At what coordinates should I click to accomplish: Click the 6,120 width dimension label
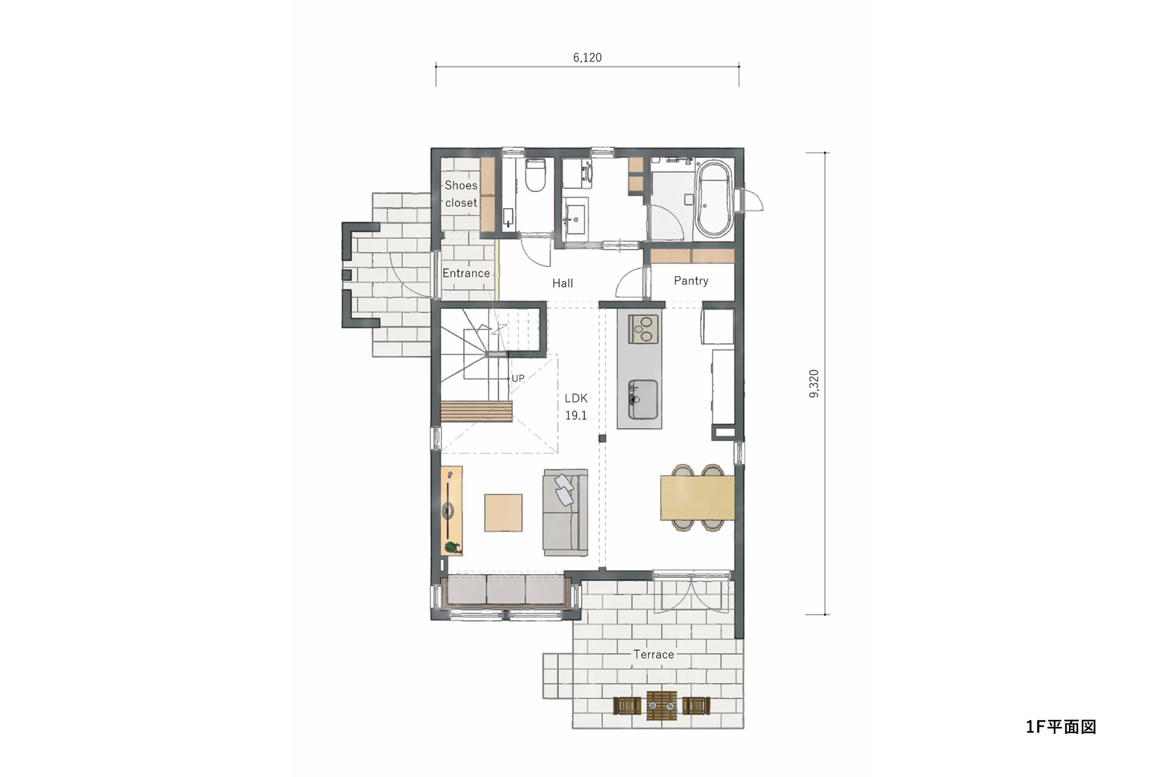(587, 57)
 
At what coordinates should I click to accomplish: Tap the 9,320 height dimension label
(814, 384)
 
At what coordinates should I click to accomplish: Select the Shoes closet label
(461, 194)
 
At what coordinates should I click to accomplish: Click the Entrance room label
(466, 273)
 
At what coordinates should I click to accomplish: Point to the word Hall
(563, 283)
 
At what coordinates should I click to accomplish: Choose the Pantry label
(691, 281)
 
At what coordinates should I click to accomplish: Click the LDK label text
(576, 398)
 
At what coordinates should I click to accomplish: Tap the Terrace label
(654, 655)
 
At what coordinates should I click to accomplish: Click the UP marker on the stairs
(518, 378)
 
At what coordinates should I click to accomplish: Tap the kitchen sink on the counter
(643, 400)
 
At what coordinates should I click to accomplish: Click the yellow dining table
(697, 497)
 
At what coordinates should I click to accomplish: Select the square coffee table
(503, 513)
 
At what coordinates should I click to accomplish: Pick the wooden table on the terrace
(662, 706)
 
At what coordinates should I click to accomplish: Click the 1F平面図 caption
(1061, 727)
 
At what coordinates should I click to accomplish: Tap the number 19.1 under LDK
(576, 416)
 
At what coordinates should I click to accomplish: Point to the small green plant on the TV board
(451, 547)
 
